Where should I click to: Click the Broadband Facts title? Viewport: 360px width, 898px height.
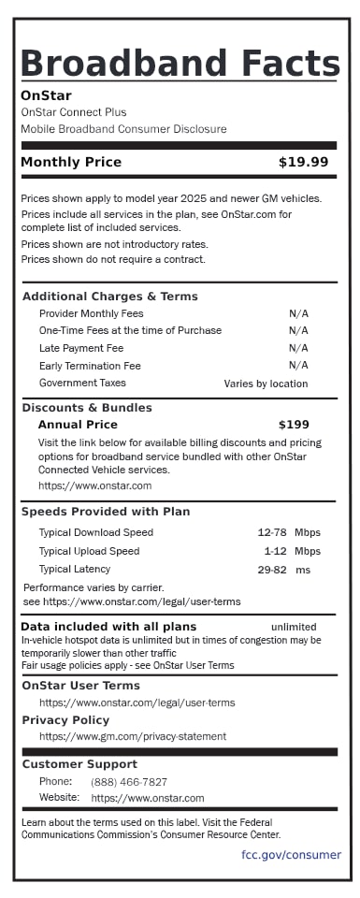(x=180, y=64)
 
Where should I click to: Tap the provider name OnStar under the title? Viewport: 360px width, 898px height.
(x=46, y=95)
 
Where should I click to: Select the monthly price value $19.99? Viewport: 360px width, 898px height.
(x=303, y=162)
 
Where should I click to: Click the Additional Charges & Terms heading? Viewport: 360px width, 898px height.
(x=109, y=297)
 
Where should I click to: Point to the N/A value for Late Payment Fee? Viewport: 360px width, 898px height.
(x=298, y=348)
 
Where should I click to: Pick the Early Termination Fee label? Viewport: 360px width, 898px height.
(x=90, y=366)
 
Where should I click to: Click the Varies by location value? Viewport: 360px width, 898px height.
(x=266, y=384)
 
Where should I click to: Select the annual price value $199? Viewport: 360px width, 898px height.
(x=293, y=425)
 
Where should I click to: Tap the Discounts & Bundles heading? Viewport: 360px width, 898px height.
(x=86, y=408)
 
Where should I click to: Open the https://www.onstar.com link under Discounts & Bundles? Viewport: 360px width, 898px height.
(x=94, y=485)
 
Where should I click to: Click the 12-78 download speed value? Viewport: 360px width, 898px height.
(x=271, y=532)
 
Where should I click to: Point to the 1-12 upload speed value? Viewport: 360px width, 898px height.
(x=275, y=551)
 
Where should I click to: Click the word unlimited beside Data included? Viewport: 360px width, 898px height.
(x=294, y=627)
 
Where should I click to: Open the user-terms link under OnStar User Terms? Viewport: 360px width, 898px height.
(x=137, y=702)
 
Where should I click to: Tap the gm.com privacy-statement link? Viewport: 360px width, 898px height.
(x=132, y=736)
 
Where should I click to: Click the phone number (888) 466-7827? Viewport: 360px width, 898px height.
(x=129, y=782)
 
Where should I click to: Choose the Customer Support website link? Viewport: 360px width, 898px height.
(x=147, y=798)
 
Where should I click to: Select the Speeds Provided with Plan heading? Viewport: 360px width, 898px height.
(x=105, y=512)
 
